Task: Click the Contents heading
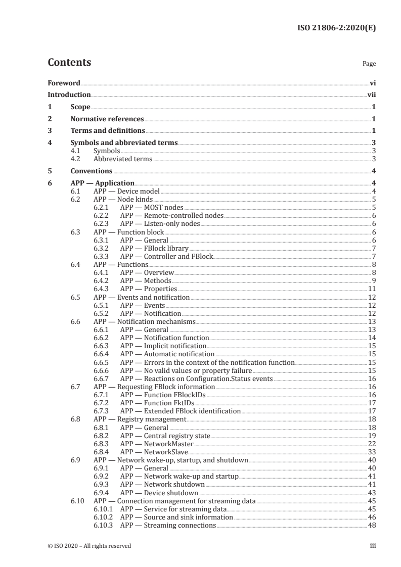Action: [x=69, y=63]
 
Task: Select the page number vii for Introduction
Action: [x=371, y=94]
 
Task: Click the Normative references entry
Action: [x=107, y=119]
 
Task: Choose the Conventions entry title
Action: [x=92, y=171]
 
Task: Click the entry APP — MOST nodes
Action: [x=152, y=207]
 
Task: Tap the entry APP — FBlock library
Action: [x=154, y=248]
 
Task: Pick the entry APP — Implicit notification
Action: [x=163, y=346]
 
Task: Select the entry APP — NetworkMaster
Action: [x=157, y=444]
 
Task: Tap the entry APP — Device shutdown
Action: [x=159, y=493]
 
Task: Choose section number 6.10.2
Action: [x=104, y=517]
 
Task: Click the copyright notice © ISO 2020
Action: [x=89, y=546]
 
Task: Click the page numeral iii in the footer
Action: [x=373, y=546]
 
